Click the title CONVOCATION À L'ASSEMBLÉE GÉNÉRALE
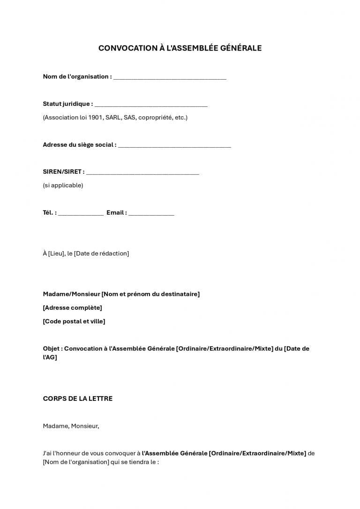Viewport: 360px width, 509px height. (180, 48)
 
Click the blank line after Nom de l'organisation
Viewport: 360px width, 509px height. (170, 78)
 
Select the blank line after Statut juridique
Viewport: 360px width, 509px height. (151, 105)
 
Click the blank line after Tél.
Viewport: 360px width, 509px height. (81, 214)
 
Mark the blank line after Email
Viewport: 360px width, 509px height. (151, 214)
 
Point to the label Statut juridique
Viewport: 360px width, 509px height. (66, 104)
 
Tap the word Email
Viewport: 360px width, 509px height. (115, 212)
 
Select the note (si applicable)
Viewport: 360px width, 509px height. (63, 185)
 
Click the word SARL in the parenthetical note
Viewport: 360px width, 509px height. (113, 117)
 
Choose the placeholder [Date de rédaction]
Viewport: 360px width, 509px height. (101, 253)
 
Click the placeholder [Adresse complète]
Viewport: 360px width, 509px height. (72, 307)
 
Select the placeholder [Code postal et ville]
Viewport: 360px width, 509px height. (74, 321)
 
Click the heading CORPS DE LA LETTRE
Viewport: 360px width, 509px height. (77, 398)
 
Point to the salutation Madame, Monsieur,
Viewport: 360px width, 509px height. (71, 426)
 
